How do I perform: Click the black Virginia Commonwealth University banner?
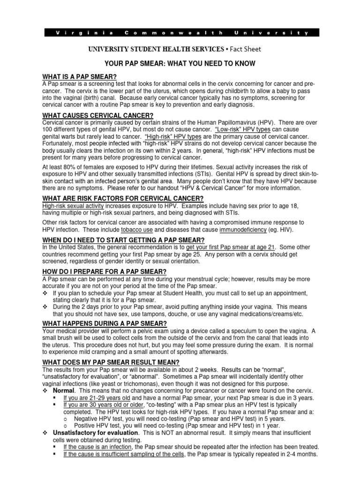click(180, 33)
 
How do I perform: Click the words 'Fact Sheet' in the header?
click(245, 49)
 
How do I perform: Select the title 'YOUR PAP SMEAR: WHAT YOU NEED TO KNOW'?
click(180, 64)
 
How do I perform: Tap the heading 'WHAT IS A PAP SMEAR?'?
click(79, 77)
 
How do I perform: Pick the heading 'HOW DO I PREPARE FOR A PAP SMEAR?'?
click(104, 272)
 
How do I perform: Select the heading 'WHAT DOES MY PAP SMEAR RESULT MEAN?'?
click(111, 362)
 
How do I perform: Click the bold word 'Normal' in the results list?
click(63, 390)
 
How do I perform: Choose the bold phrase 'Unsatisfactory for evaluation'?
click(95, 433)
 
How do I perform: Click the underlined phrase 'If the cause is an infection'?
click(97, 447)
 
